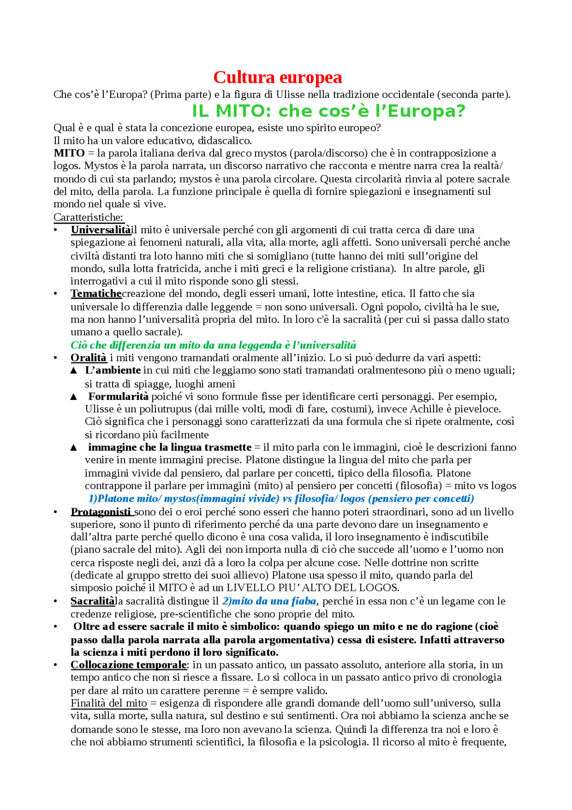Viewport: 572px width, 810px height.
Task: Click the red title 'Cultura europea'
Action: click(x=278, y=77)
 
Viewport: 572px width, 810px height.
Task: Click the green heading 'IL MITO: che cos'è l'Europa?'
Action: click(x=328, y=110)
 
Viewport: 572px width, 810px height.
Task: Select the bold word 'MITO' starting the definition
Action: click(x=69, y=153)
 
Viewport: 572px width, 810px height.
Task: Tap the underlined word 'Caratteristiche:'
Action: click(x=88, y=217)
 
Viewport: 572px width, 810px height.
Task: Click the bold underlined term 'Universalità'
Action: click(x=101, y=230)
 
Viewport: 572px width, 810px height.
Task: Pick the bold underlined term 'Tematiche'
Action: click(x=96, y=294)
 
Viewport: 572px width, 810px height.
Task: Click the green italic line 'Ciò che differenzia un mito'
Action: click(x=213, y=345)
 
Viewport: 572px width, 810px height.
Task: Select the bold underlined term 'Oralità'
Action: click(x=88, y=358)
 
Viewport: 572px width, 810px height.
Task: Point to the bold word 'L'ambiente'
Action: click(x=113, y=370)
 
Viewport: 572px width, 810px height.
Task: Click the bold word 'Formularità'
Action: click(x=118, y=396)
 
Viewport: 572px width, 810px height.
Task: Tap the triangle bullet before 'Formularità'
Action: click(x=74, y=397)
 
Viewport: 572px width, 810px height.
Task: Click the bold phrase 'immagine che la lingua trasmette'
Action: click(x=170, y=447)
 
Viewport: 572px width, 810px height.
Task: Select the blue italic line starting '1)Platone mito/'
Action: click(x=281, y=499)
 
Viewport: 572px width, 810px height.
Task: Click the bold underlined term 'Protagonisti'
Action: click(x=102, y=512)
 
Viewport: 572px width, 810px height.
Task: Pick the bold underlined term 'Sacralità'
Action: click(x=93, y=601)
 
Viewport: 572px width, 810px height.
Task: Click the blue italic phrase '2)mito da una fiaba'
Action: click(x=269, y=601)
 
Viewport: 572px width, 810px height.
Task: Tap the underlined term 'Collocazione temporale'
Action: click(x=128, y=665)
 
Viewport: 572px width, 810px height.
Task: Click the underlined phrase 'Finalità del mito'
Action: click(x=109, y=703)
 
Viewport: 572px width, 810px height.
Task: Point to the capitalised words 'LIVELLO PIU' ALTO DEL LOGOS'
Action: click(x=312, y=588)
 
